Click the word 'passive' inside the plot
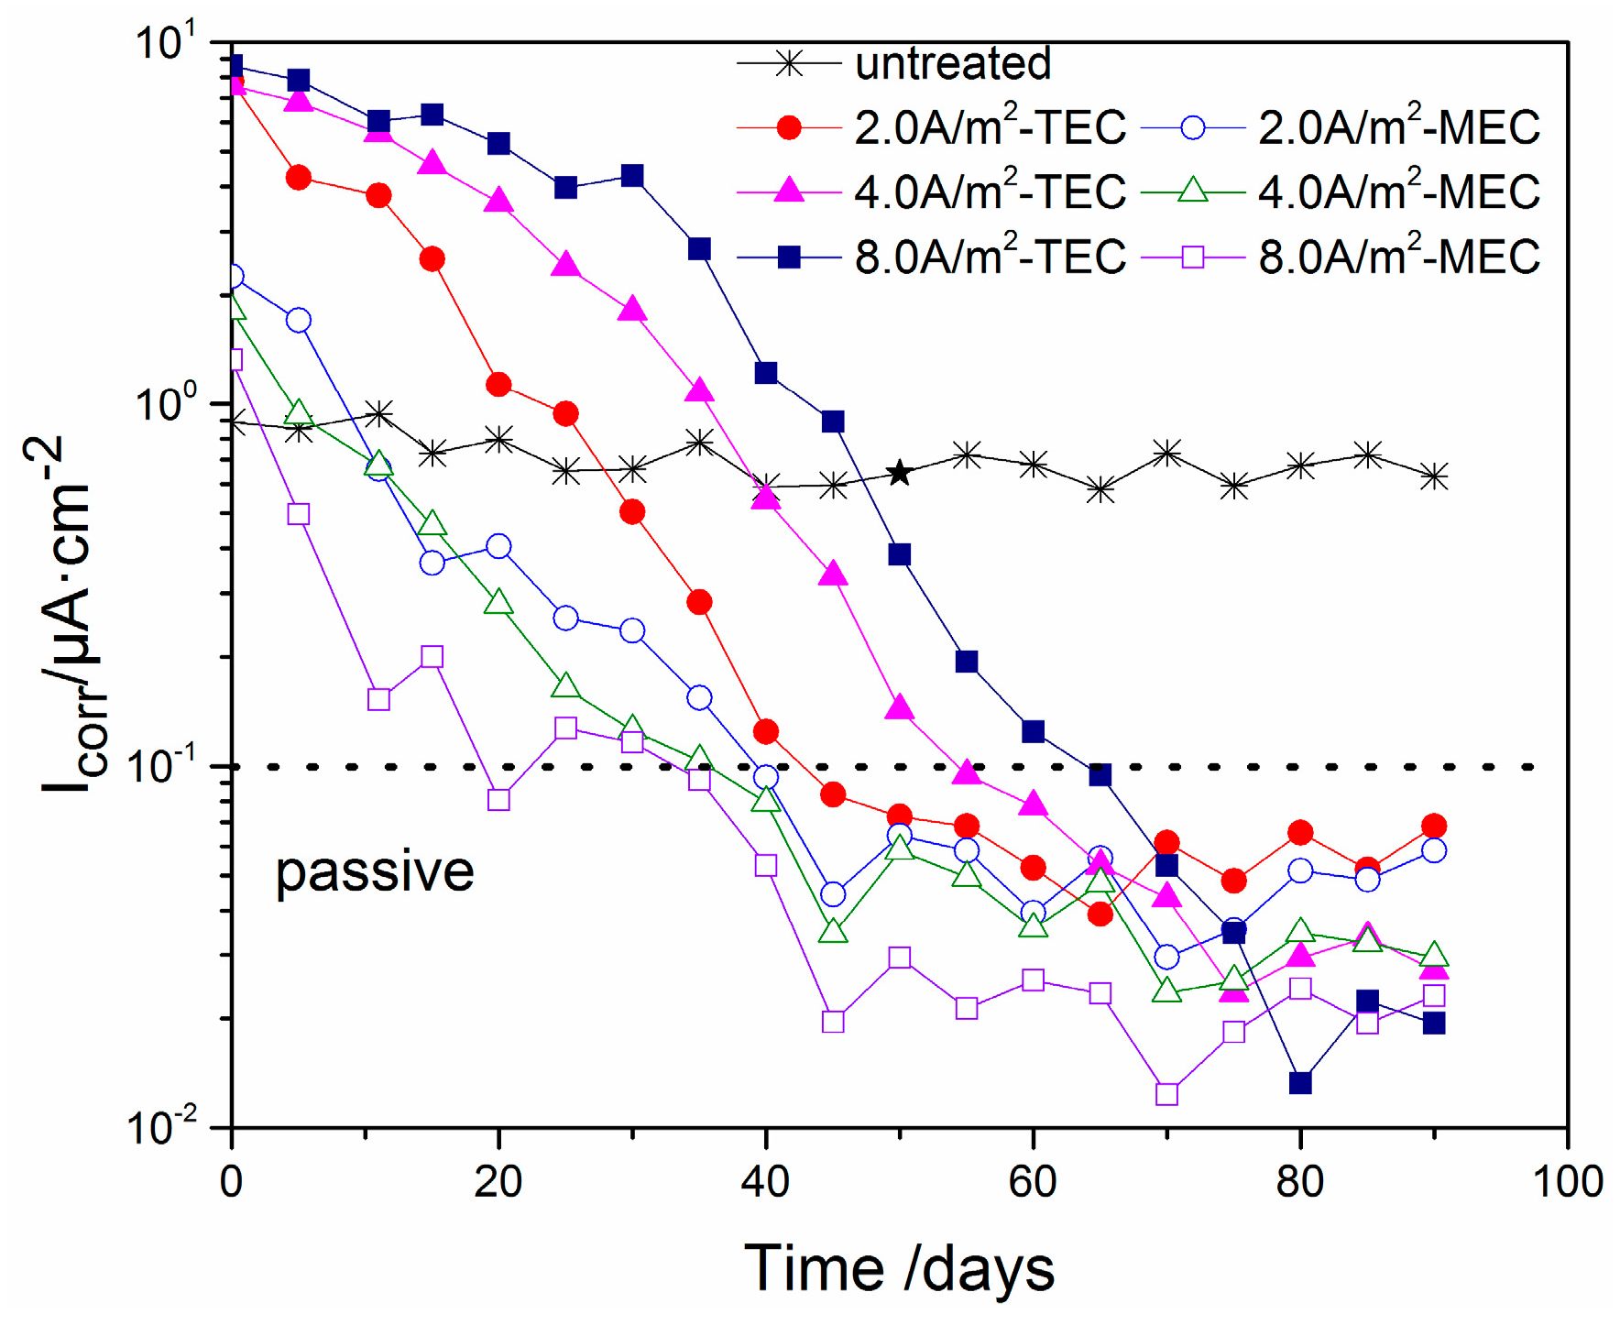(375, 871)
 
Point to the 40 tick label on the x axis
(765, 1181)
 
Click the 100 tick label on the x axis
(1568, 1181)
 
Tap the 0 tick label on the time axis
(232, 1181)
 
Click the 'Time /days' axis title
(899, 1269)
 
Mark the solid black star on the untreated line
(900, 473)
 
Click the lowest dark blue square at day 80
(1300, 1083)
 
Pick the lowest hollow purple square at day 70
(1166, 1094)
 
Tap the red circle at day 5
(299, 178)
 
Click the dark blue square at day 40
(766, 373)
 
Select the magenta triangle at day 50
(900, 707)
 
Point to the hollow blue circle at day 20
(498, 547)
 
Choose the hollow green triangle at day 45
(833, 931)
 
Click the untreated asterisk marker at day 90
(1434, 476)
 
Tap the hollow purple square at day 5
(299, 514)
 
